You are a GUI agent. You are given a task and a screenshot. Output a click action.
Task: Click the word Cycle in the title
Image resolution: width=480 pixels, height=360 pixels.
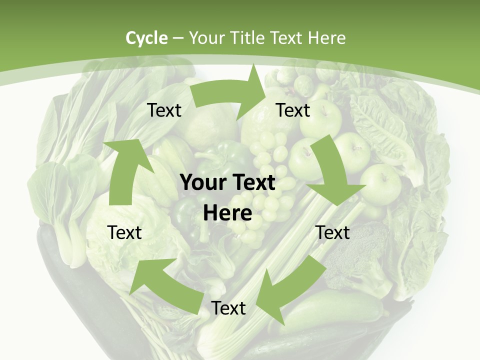(x=146, y=38)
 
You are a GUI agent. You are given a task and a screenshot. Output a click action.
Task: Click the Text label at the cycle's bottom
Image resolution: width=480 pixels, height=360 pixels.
(x=228, y=308)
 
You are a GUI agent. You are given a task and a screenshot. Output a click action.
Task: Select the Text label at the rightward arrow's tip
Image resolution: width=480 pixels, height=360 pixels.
(x=293, y=110)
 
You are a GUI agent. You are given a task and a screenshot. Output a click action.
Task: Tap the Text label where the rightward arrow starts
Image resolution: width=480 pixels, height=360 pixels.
(x=164, y=110)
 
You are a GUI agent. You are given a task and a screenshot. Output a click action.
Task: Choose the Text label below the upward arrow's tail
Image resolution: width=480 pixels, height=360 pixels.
(x=124, y=232)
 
